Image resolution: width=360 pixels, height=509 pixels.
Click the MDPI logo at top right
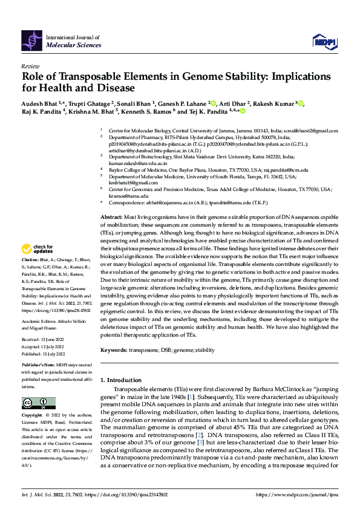pos(324,41)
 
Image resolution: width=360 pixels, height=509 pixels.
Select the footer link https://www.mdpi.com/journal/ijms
pos(298,495)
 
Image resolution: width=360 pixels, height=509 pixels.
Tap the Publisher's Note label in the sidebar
pos(39,366)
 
